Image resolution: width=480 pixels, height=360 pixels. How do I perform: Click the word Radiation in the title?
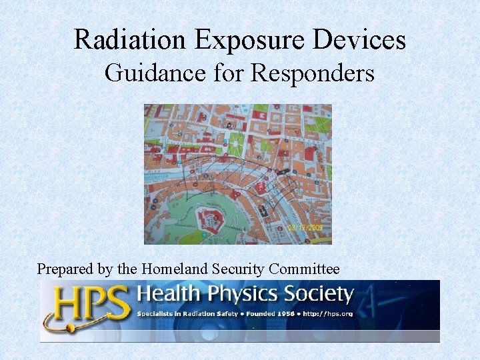click(131, 40)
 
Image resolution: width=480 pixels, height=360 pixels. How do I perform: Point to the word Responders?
click(313, 73)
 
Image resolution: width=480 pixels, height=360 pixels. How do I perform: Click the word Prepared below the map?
click(67, 269)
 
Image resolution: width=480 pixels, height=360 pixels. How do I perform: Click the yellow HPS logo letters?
click(87, 304)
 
